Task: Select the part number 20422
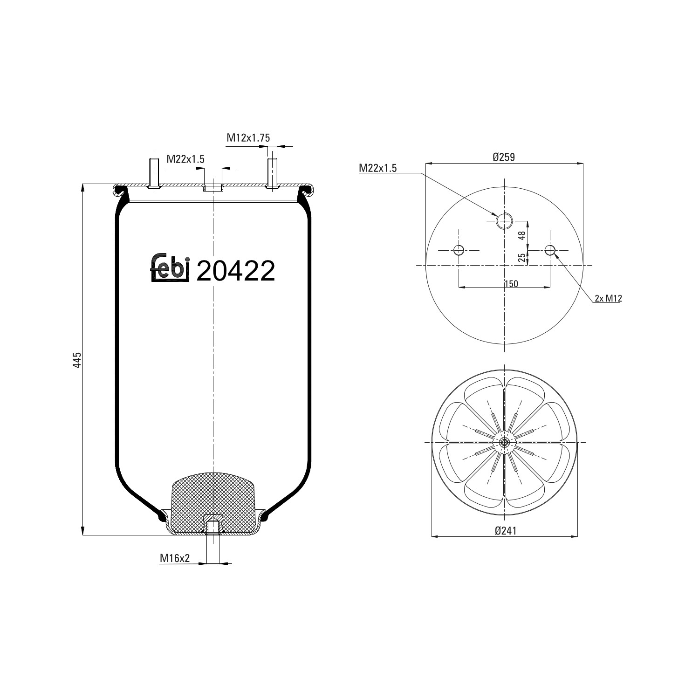click(236, 271)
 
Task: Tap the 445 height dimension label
click(77, 360)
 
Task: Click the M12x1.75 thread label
click(248, 137)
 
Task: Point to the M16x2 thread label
click(175, 558)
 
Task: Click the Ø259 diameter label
click(504, 157)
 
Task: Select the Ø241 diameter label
click(505, 530)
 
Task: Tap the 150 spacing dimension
click(511, 284)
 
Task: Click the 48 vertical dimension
click(522, 235)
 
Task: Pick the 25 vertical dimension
click(522, 257)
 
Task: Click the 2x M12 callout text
click(608, 299)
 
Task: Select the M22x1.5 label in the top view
click(377, 168)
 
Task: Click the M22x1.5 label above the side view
click(185, 159)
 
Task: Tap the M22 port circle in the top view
click(504, 221)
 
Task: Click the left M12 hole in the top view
click(459, 250)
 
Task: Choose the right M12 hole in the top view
click(550, 250)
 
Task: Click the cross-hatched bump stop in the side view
click(214, 499)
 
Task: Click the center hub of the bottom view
click(504, 442)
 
